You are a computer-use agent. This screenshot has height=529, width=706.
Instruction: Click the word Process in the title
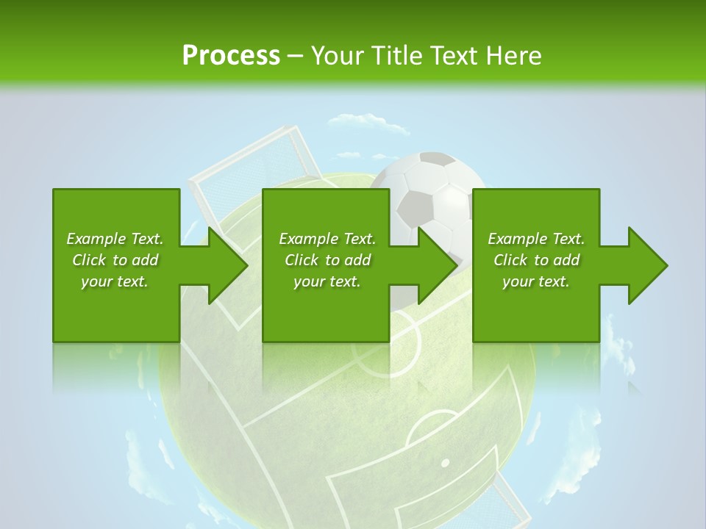click(x=231, y=56)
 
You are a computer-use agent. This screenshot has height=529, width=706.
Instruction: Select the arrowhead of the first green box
click(x=225, y=265)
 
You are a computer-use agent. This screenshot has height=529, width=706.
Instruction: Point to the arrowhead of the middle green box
click(x=435, y=265)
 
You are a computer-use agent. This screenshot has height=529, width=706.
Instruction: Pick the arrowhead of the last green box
click(x=646, y=265)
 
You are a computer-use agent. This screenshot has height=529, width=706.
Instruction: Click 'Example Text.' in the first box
click(x=115, y=239)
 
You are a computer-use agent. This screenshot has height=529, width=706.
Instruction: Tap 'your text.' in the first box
click(x=115, y=281)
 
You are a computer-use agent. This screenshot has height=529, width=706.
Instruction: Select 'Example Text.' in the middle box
click(x=327, y=239)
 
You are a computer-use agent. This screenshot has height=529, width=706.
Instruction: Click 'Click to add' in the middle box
click(x=327, y=260)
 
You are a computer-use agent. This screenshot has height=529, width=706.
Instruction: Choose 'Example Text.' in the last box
click(x=536, y=239)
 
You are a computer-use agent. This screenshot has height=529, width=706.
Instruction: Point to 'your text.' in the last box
click(x=536, y=281)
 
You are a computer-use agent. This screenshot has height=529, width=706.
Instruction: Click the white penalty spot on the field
click(x=444, y=463)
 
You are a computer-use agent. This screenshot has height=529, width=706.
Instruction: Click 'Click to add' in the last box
click(x=536, y=260)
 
